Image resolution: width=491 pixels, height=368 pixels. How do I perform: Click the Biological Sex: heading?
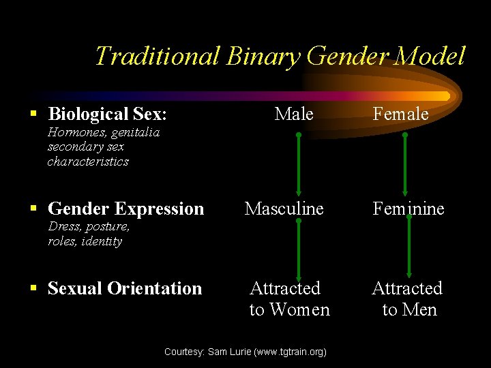pos(107,114)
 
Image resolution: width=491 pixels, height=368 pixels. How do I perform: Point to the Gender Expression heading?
pos(125,209)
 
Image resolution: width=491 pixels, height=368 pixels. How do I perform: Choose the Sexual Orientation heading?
pos(125,288)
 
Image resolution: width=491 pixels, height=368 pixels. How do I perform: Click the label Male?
pos(294,114)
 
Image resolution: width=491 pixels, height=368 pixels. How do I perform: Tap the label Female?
pos(400,114)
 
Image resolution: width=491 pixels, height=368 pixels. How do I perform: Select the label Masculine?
pos(284,209)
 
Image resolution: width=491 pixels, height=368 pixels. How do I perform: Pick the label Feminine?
pos(408,209)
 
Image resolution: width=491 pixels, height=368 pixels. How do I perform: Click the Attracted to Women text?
pos(289,299)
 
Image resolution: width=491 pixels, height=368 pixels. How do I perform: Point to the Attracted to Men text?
pos(408,299)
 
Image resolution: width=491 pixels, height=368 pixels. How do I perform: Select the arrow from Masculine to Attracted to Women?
pos(299,249)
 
